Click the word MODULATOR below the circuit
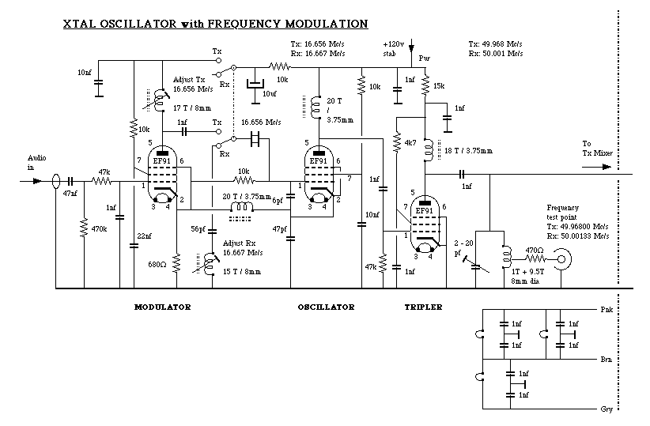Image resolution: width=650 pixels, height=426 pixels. (163, 307)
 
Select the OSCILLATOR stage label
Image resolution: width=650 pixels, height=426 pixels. (326, 307)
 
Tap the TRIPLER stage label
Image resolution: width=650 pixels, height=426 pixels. (423, 307)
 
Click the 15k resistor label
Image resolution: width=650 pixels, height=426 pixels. (440, 85)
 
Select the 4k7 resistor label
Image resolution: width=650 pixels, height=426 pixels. (410, 145)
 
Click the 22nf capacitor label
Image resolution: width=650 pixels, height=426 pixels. (144, 236)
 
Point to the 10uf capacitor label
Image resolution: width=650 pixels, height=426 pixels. (270, 93)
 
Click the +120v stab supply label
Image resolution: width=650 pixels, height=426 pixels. (392, 48)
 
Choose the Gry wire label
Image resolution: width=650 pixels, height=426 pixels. (607, 410)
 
